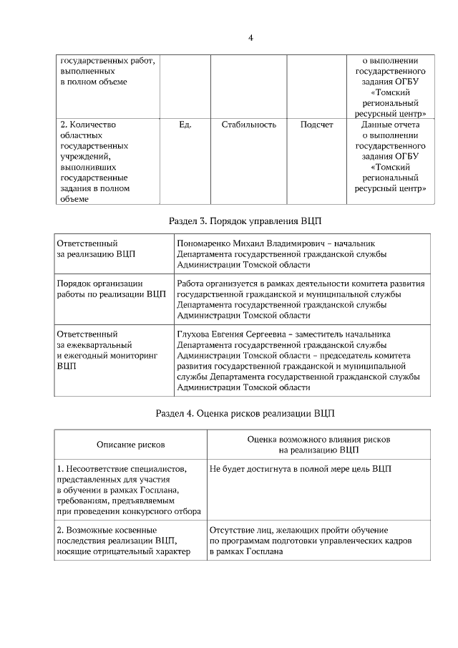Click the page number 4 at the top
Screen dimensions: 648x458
250,37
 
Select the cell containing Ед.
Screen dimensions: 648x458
185,125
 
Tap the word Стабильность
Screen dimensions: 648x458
248,125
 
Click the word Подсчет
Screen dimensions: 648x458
316,125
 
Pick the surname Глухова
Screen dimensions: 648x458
193,334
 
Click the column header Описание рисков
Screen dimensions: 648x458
130,445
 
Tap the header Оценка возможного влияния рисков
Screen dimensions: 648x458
318,439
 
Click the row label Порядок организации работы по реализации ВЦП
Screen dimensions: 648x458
111,289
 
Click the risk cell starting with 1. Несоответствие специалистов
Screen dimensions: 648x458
129,490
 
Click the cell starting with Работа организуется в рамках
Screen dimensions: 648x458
301,299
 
